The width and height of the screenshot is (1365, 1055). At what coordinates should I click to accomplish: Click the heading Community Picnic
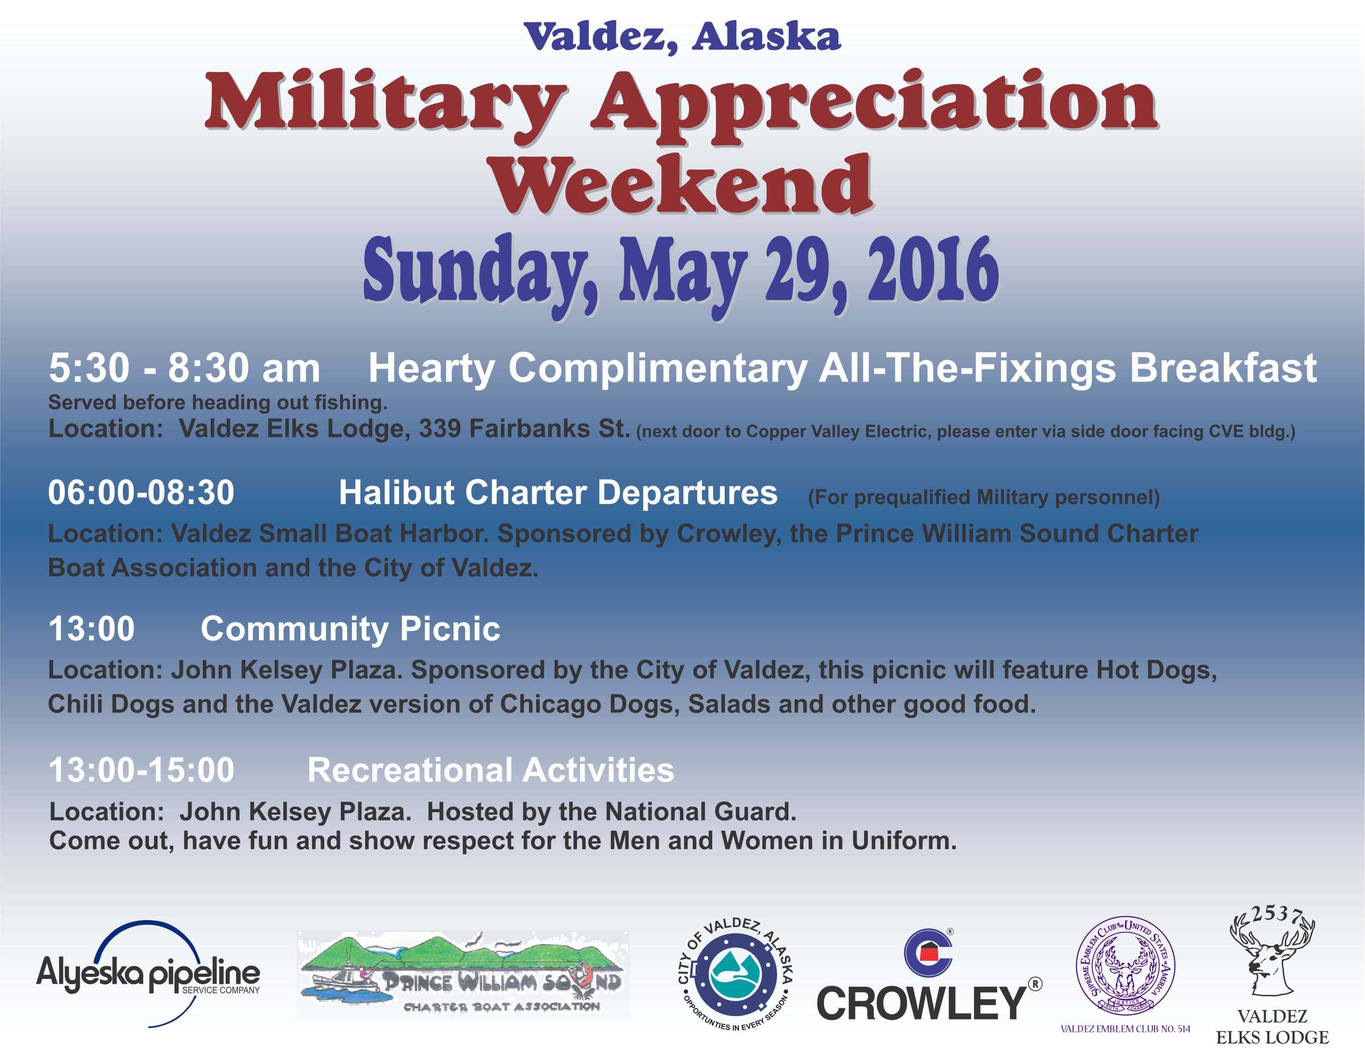point(350,629)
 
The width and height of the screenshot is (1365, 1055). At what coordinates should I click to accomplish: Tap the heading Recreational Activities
point(491,770)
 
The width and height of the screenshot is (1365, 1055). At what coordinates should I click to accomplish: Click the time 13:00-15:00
point(141,770)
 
